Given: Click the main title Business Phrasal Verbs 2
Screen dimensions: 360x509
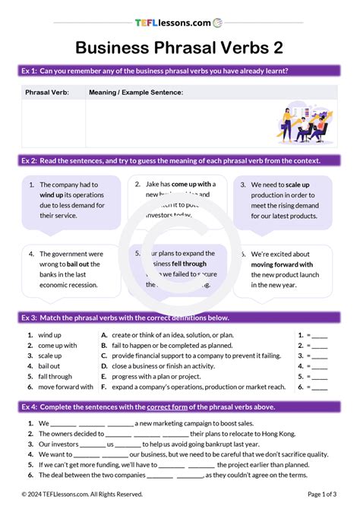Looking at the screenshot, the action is click(179, 48).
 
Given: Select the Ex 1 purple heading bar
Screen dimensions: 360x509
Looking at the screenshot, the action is click(179, 71).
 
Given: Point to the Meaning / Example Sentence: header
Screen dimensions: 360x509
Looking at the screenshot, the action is click(136, 92).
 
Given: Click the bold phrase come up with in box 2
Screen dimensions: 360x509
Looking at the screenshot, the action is click(194, 184).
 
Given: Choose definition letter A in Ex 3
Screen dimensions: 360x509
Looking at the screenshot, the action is click(104, 335).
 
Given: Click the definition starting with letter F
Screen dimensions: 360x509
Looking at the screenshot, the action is click(104, 387).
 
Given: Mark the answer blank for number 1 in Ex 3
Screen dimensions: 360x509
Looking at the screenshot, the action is click(320, 335).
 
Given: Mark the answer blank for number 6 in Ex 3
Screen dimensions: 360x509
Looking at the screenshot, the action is click(320, 387).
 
